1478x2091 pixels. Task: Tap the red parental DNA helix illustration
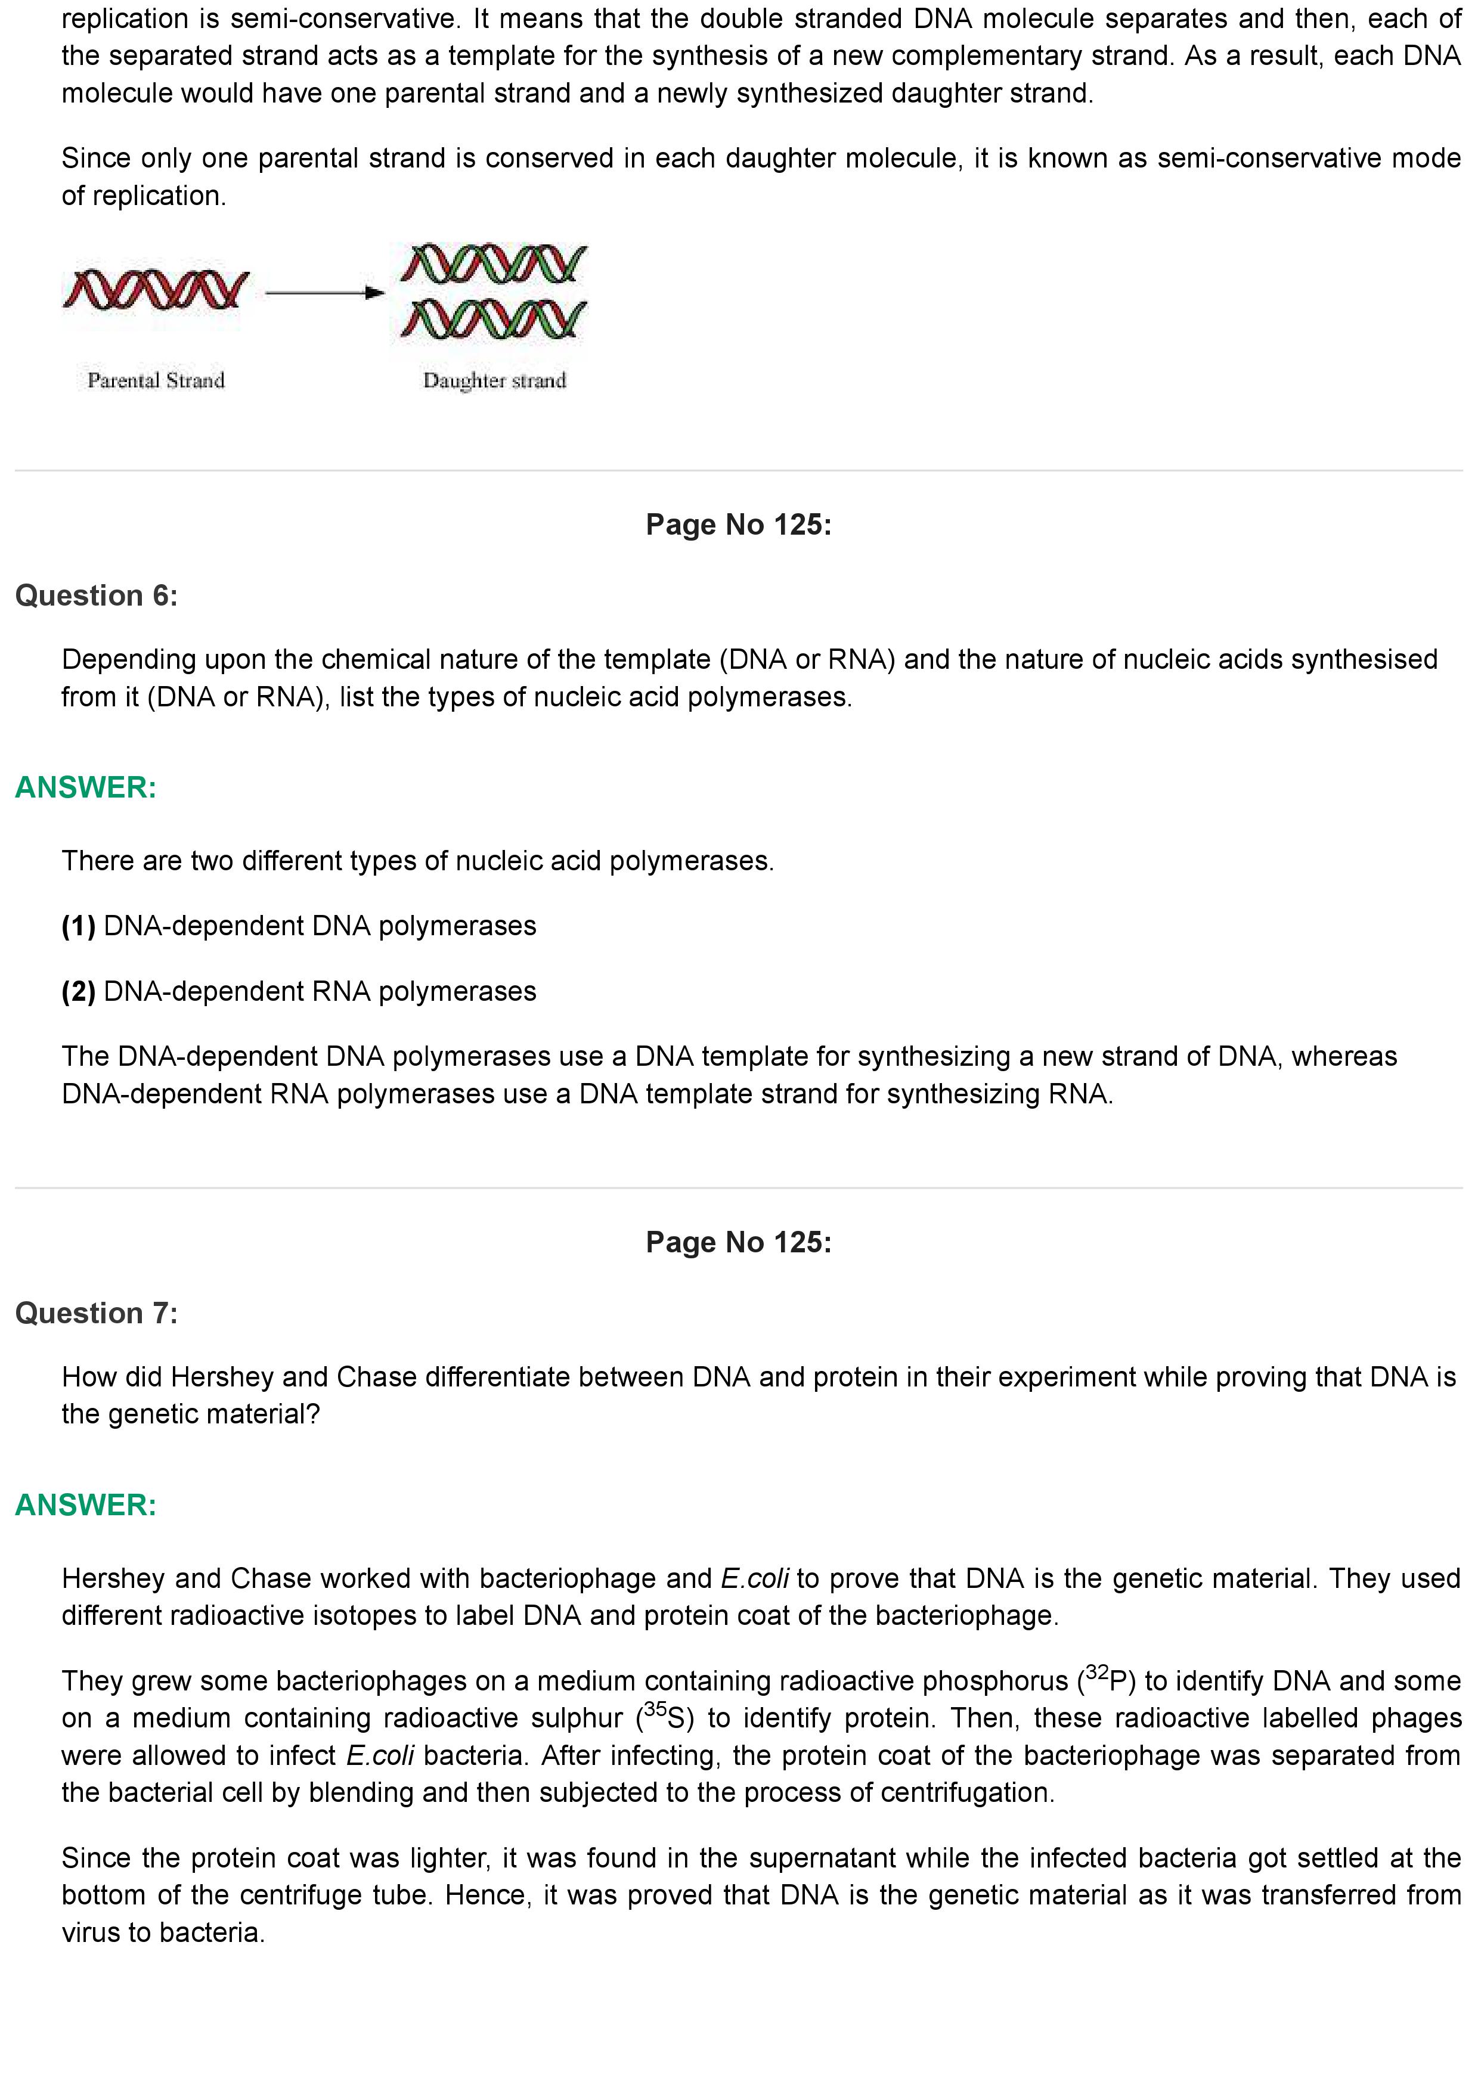(x=156, y=290)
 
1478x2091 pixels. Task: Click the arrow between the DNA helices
(x=324, y=292)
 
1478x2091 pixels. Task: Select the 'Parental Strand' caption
(x=156, y=381)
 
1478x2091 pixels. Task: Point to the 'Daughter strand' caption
(x=494, y=381)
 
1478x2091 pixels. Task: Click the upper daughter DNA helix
(x=494, y=263)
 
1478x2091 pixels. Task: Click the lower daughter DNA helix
(x=494, y=319)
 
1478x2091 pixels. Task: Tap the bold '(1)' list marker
(x=78, y=926)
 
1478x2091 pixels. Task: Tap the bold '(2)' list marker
(x=78, y=992)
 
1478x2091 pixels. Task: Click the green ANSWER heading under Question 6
(x=86, y=788)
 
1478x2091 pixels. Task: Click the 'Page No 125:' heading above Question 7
(x=739, y=1242)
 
